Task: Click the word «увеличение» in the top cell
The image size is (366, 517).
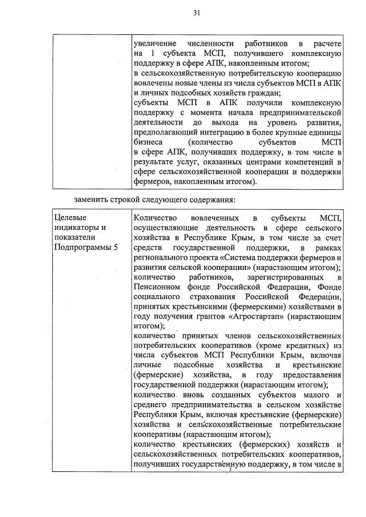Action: pyautogui.click(x=154, y=44)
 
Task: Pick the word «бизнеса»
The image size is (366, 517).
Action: pyautogui.click(x=148, y=141)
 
